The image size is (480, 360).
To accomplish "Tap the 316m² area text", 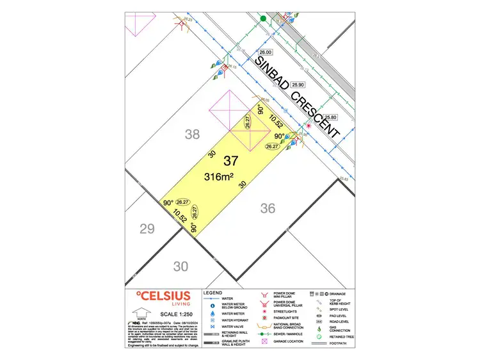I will pos(218,176).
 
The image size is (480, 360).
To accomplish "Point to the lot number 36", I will pos(268,208).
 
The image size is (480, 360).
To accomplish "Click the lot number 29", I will pos(147,229).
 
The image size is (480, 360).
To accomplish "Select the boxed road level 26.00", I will pos(265,53).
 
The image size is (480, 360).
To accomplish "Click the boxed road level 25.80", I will pos(330,118).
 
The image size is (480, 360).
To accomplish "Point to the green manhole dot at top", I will pos(262,19).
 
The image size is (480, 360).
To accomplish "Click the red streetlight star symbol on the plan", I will pos(308,126).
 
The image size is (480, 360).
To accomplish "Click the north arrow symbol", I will pos(138,313).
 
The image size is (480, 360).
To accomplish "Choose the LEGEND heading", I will pos(212,293).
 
